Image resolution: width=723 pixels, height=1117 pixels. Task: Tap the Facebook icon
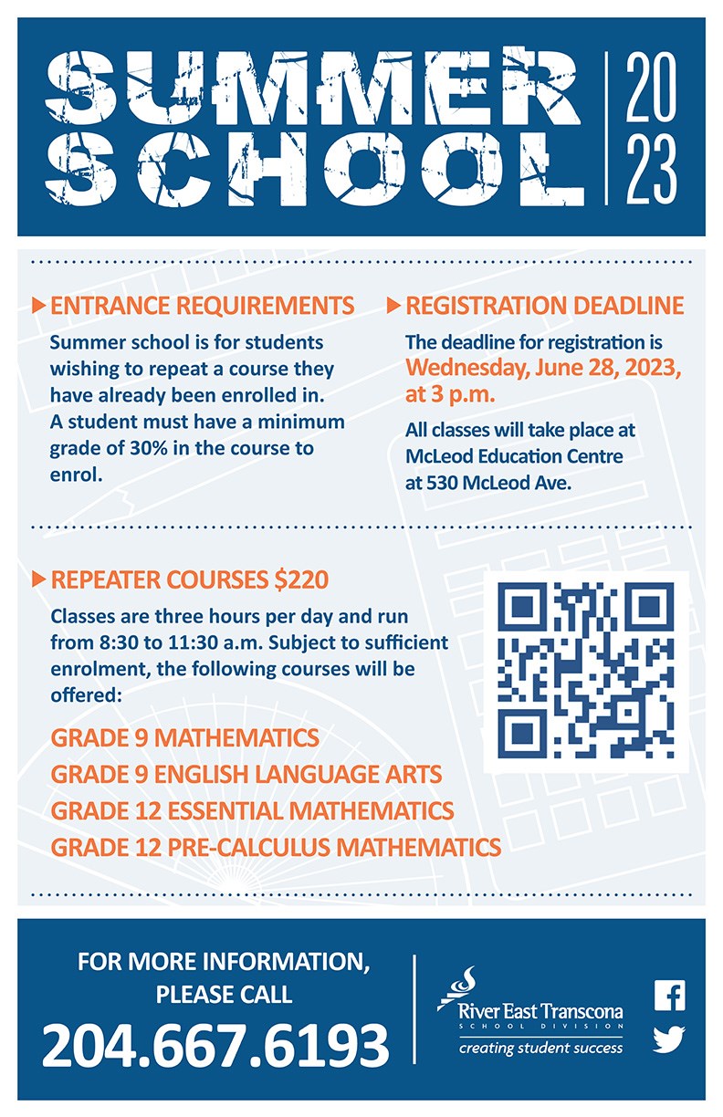point(670,996)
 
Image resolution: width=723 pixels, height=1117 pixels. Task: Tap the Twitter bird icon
point(670,1039)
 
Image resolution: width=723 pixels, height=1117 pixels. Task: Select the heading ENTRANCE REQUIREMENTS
point(202,306)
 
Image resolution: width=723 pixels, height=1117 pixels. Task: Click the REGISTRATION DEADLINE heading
point(544,306)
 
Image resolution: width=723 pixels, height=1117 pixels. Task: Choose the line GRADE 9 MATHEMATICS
point(185,737)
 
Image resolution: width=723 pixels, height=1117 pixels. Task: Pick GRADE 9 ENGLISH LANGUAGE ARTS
point(246,775)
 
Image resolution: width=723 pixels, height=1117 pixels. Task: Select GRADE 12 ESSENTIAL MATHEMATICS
point(253,810)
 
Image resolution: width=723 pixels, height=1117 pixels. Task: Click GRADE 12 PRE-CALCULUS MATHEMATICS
point(276,847)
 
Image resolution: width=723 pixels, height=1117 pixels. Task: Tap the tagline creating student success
point(541,1048)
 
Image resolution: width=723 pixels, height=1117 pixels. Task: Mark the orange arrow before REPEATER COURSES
point(38,579)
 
